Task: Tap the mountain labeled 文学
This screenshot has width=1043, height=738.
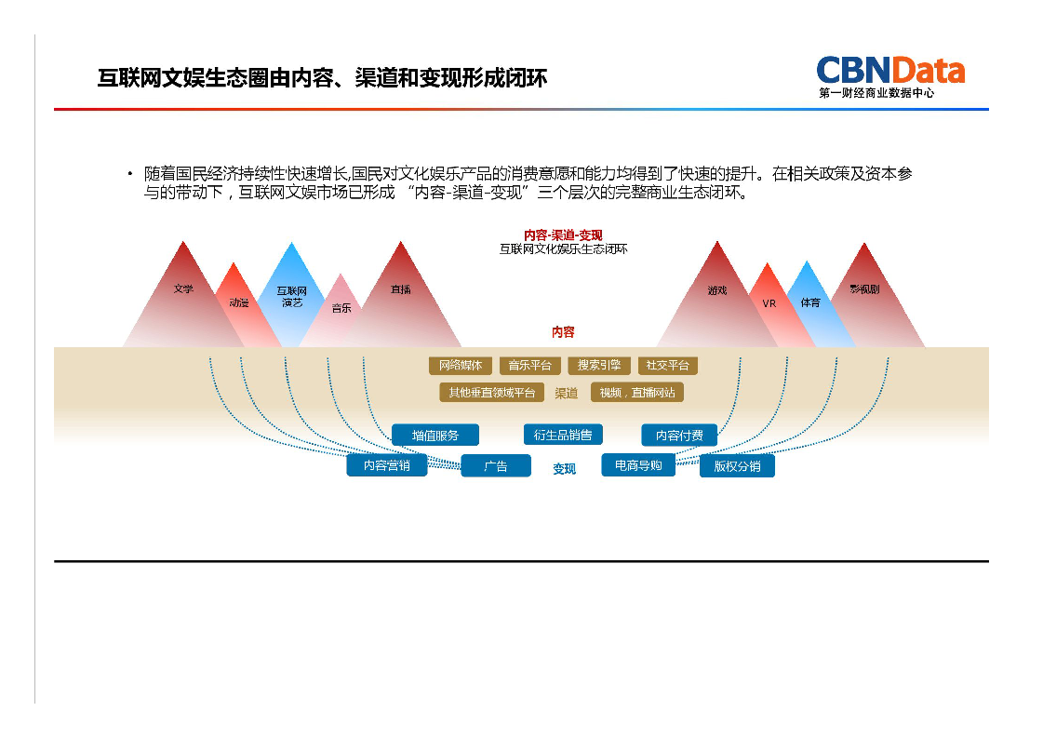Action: coord(183,289)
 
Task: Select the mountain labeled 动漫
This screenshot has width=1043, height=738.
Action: coord(238,302)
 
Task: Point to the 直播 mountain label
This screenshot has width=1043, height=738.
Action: coord(400,289)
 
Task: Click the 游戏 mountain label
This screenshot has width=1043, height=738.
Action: coord(716,290)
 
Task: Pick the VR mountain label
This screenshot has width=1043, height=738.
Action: coord(769,303)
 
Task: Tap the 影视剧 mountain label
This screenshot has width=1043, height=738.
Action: coord(863,289)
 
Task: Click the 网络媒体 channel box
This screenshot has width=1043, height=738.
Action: coord(461,366)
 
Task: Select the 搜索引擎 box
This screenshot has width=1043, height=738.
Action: coord(599,366)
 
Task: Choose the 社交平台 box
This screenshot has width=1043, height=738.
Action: coord(667,366)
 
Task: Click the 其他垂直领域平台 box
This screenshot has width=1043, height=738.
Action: coord(491,393)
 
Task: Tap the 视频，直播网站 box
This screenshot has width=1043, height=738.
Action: coord(637,393)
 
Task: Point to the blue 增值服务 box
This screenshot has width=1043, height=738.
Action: coord(435,435)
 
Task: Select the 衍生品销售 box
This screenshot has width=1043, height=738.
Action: coord(563,435)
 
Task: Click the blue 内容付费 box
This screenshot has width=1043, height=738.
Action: coord(679,435)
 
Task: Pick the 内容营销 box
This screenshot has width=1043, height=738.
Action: coord(386,465)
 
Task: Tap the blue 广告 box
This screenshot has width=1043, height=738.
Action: coord(496,466)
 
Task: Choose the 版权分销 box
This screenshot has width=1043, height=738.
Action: coord(737,466)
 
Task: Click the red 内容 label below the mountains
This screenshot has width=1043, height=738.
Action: coord(563,332)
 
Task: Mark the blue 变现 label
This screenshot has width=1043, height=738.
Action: coord(565,469)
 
